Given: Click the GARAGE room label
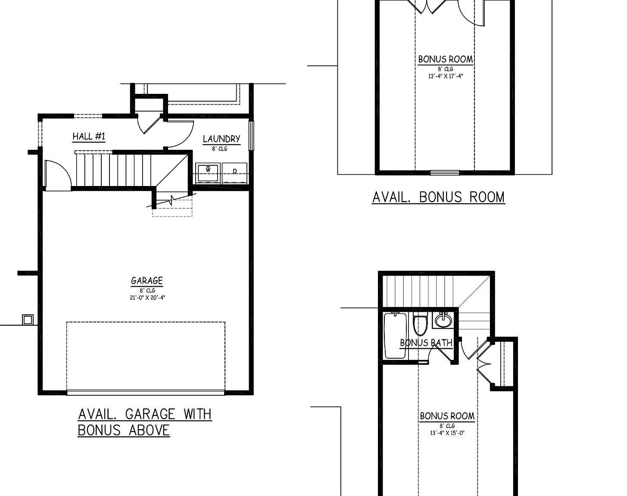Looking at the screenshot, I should click(147, 281).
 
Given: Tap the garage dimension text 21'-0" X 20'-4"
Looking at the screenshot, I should click(147, 298).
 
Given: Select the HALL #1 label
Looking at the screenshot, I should click(89, 136).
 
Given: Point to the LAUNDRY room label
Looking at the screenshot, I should click(221, 139).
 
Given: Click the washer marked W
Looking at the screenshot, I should click(208, 173).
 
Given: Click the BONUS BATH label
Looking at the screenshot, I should click(426, 343).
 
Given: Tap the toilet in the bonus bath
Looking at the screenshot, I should click(420, 325).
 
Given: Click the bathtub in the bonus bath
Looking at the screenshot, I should click(395, 335).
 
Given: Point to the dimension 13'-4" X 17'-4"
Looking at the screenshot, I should click(446, 76).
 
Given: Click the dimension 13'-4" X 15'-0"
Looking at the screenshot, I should click(447, 433).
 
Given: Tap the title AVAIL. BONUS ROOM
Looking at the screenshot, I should click(438, 197).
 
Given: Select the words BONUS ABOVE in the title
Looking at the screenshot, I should click(124, 430).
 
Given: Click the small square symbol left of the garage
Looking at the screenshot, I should click(28, 319).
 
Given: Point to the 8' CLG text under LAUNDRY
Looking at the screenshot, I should click(219, 149).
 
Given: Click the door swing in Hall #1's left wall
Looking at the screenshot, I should click(57, 174).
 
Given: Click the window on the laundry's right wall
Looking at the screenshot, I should click(252, 135).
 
